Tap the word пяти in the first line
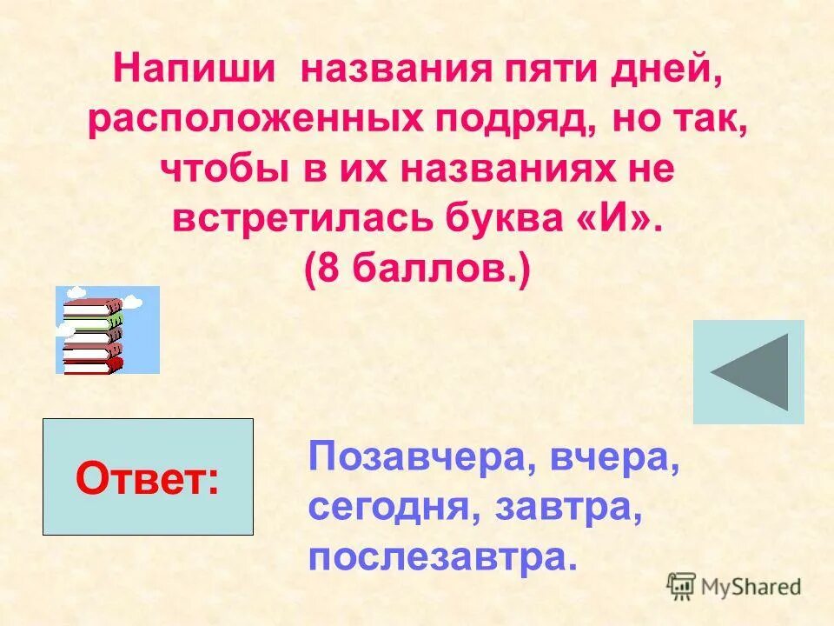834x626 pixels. click(539, 70)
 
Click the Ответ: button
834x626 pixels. click(148, 477)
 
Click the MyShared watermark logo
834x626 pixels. click(734, 587)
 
